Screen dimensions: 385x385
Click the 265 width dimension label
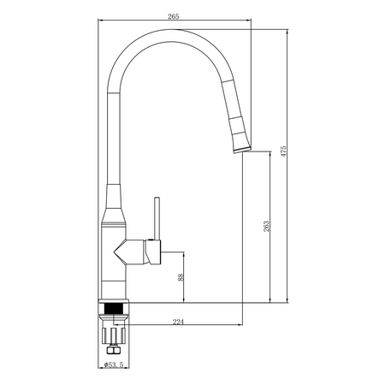click(174, 16)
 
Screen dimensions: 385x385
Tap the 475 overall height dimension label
click(283, 151)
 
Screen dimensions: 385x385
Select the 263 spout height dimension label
click(266, 226)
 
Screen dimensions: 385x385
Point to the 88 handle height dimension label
click(181, 277)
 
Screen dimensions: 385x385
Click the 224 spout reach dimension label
click(178, 322)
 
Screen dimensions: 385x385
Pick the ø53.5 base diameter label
click(114, 364)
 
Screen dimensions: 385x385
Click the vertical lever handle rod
click(157, 218)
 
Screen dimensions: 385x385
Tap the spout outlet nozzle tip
click(242, 150)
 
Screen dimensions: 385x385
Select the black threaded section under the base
click(114, 308)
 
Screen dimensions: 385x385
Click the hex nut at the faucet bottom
click(114, 350)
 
